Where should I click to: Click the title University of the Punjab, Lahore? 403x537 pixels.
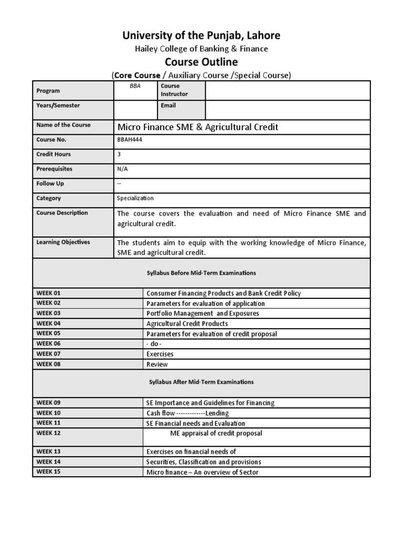(201, 36)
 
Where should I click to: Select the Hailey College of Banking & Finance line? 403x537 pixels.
(201, 49)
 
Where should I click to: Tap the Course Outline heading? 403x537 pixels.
(201, 62)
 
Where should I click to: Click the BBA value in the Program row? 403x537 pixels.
(135, 85)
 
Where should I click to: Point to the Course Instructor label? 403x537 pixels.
(174, 90)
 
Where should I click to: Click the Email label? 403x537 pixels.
(169, 105)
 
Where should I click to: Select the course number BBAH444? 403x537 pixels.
(130, 140)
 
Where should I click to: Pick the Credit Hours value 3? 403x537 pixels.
(119, 155)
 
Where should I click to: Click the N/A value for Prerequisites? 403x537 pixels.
(122, 169)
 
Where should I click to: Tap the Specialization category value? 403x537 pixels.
(135, 198)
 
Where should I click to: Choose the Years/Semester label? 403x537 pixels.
(58, 105)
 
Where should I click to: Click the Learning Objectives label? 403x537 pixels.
(63, 242)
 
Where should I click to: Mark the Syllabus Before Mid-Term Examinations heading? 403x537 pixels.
(201, 273)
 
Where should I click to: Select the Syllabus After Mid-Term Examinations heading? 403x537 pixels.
(201, 382)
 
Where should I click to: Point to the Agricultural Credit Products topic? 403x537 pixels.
(187, 324)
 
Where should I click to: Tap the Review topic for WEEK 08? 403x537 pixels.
(157, 364)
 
